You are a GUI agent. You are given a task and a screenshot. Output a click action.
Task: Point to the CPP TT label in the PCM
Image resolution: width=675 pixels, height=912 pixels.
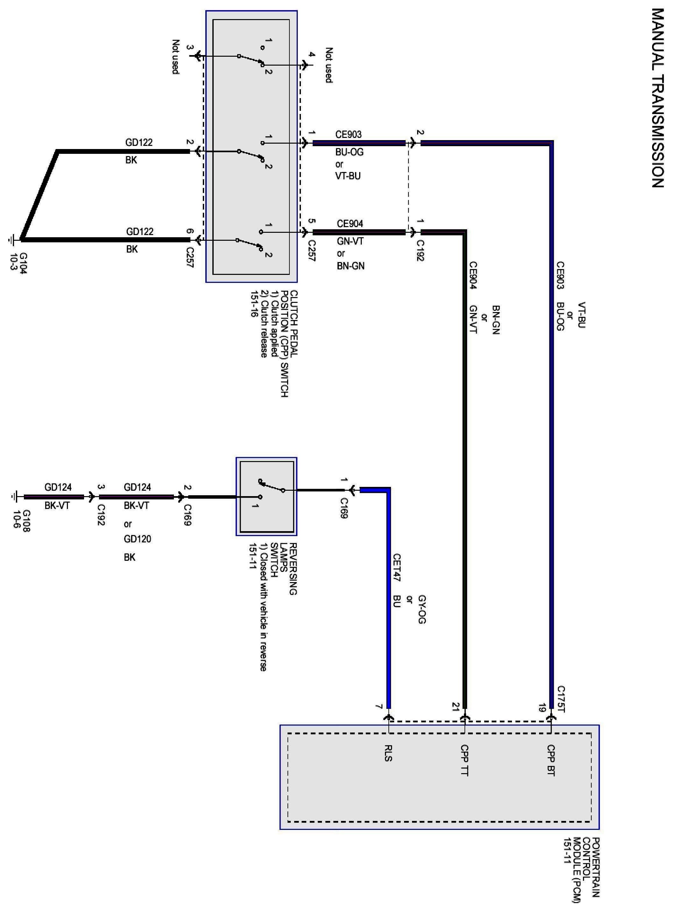(465, 760)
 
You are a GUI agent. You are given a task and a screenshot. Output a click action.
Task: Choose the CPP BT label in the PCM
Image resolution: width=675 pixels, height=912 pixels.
(551, 760)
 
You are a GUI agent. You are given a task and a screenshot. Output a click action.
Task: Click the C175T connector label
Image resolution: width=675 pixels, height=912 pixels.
(561, 699)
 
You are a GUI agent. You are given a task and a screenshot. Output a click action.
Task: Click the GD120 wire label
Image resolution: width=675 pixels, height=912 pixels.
(137, 539)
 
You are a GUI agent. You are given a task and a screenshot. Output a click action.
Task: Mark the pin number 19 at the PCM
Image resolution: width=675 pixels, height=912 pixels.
(542, 707)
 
